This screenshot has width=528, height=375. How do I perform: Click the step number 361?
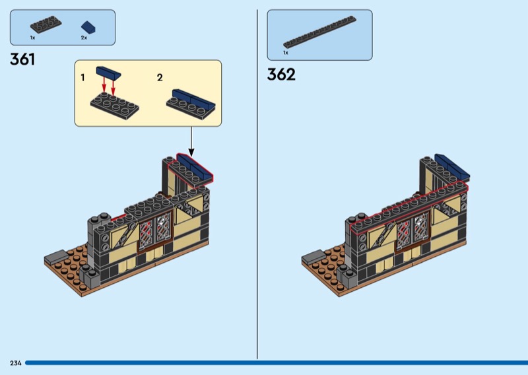22,59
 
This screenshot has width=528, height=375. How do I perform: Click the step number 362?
281,75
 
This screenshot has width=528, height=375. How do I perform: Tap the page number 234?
16,363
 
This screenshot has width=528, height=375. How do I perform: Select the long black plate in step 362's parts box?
319,32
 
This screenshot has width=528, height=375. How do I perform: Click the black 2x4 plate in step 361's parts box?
46,24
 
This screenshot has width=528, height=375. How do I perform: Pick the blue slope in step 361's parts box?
88,27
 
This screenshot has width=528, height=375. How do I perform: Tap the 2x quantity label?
84,38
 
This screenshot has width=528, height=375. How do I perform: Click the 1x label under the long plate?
286,53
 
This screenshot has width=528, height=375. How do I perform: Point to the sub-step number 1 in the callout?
83,78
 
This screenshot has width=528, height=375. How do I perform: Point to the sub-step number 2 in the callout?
160,78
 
